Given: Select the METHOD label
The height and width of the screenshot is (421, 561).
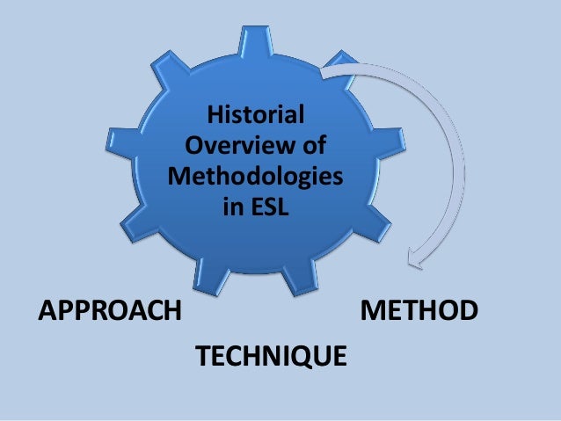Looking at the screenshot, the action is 419,311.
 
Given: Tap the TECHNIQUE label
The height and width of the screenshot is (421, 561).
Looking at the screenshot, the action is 269,357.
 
